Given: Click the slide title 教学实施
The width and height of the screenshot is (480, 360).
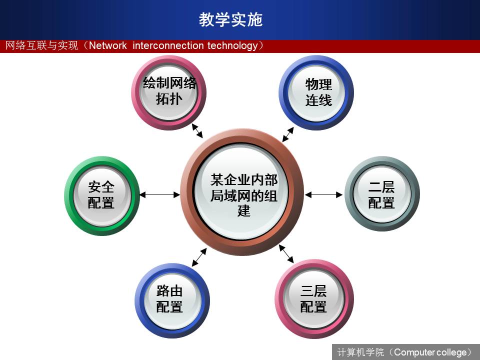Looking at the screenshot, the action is pyautogui.click(x=230, y=19).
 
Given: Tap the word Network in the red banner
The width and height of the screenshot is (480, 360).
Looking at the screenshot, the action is pyautogui.click(x=108, y=46).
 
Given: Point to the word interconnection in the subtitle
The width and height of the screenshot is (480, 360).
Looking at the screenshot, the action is pyautogui.click(x=168, y=46).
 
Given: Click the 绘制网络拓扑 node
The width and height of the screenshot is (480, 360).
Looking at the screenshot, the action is pyautogui.click(x=169, y=92).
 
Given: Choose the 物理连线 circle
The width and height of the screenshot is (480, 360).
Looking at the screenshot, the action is pyautogui.click(x=316, y=92).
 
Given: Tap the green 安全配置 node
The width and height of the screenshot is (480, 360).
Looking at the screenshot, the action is pyautogui.click(x=102, y=196).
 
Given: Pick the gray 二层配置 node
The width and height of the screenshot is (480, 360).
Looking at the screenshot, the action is pyautogui.click(x=382, y=194).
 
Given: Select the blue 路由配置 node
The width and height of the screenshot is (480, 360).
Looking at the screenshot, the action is pyautogui.click(x=172, y=300).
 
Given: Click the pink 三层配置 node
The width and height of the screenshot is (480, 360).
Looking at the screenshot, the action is pyautogui.click(x=314, y=299).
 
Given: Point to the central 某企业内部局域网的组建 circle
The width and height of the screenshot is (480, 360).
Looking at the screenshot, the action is pyautogui.click(x=242, y=192).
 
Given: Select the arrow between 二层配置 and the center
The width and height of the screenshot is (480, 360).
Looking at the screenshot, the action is pyautogui.click(x=324, y=194).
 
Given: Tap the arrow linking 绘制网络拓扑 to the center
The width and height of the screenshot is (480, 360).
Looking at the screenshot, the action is pyautogui.click(x=197, y=130).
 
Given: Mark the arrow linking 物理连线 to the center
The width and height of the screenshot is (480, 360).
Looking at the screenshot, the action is pyautogui.click(x=288, y=134).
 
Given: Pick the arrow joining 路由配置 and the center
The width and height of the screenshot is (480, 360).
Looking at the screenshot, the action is pyautogui.click(x=199, y=257).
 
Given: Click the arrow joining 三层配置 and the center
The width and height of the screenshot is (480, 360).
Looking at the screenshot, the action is pyautogui.click(x=286, y=254).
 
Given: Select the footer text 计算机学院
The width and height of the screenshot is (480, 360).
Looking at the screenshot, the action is pyautogui.click(x=360, y=352).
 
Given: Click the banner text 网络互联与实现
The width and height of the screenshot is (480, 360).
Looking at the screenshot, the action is pyautogui.click(x=41, y=46).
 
